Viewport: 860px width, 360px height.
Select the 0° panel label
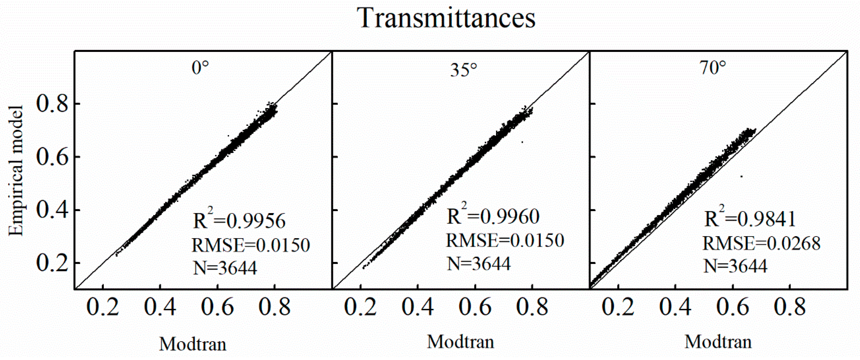coord(200,68)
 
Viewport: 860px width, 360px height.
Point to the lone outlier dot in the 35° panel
coord(522,142)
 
